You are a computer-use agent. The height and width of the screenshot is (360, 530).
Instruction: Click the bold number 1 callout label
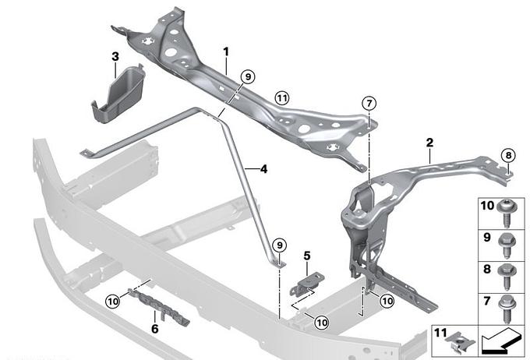225,51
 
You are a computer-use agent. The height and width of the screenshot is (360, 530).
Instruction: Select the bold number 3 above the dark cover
115,56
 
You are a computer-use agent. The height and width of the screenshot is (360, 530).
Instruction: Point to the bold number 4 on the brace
263,168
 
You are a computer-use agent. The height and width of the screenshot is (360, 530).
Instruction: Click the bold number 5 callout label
307,255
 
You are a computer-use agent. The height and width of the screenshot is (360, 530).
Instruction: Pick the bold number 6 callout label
154,328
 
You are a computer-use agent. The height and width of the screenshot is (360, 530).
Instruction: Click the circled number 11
281,97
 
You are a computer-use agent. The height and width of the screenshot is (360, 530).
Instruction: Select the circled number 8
507,155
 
